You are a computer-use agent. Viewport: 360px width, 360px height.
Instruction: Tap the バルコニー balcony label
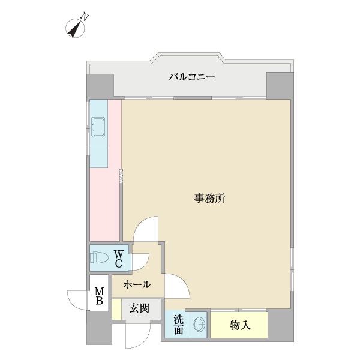click(x=191, y=77)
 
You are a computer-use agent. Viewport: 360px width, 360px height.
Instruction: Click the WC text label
click(x=119, y=259)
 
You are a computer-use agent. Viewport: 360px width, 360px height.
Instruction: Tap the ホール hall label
click(x=137, y=285)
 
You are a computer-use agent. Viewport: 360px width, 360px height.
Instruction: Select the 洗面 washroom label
click(x=179, y=325)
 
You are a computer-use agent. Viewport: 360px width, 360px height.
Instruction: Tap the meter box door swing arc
click(x=78, y=298)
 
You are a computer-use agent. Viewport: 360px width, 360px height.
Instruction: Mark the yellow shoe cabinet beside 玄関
click(x=116, y=308)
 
